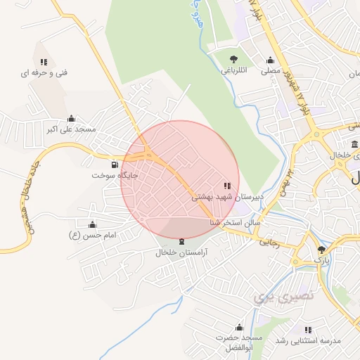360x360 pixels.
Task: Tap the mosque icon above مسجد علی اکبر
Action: pos(71,118)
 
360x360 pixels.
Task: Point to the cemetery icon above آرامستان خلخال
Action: pos(183,241)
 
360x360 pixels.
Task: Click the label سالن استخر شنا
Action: pos(235,222)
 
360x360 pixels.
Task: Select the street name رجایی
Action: pos(271,243)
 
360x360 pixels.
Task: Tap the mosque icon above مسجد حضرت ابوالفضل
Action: pos(239,327)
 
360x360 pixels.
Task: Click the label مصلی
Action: pos(271,71)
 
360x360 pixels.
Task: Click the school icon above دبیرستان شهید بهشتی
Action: pos(226,186)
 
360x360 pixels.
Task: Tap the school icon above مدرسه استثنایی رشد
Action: pos(308,329)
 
